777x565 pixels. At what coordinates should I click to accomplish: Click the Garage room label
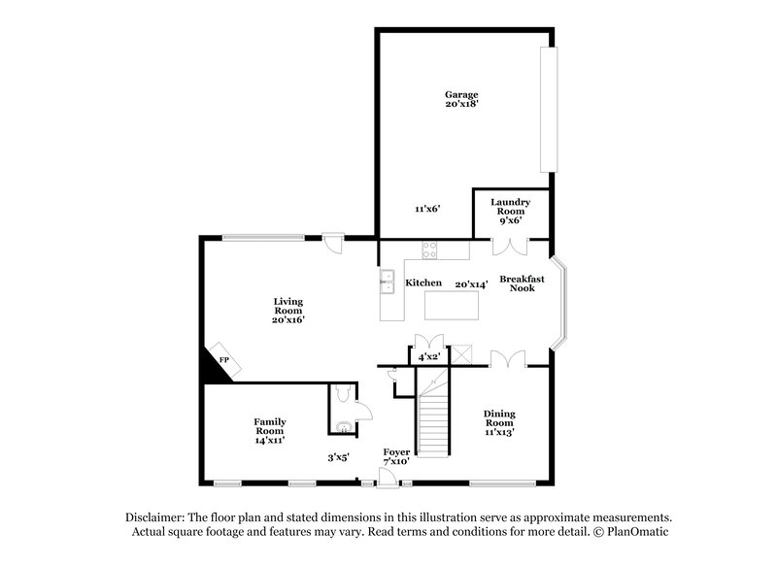tap(461, 99)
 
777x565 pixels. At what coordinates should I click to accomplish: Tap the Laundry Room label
tap(511, 211)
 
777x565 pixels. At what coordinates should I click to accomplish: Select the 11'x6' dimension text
tap(427, 208)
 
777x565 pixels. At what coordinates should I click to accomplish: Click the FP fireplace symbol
tap(222, 360)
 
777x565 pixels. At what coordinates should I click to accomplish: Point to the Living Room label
tap(288, 310)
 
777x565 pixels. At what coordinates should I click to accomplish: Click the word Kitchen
tap(423, 283)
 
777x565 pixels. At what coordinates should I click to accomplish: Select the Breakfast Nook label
tap(522, 283)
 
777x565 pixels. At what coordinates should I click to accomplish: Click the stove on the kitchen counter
tap(430, 251)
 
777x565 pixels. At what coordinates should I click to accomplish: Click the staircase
tap(436, 416)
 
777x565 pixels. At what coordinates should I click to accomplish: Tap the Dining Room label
tap(498, 422)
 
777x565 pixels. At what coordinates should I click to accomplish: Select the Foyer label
tap(395, 456)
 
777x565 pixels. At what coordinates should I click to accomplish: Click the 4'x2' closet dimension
tap(428, 357)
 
